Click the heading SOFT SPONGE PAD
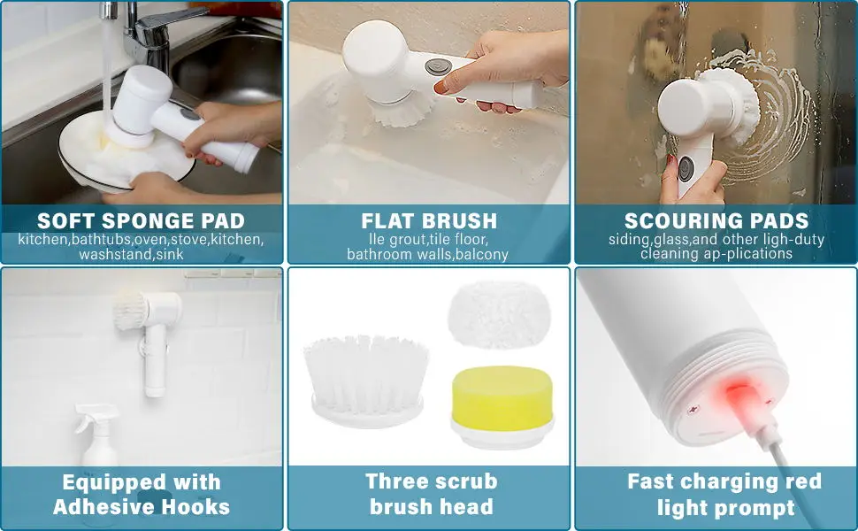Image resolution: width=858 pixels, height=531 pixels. (142, 220)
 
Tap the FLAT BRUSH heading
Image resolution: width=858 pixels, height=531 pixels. (429, 220)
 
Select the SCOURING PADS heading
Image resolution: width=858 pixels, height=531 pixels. (716, 220)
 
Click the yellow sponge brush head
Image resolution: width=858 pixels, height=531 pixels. (502, 399)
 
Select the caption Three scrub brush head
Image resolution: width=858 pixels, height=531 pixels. (431, 494)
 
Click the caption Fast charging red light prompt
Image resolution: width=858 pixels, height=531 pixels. (724, 494)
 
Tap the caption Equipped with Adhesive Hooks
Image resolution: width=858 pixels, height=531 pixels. (142, 494)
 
